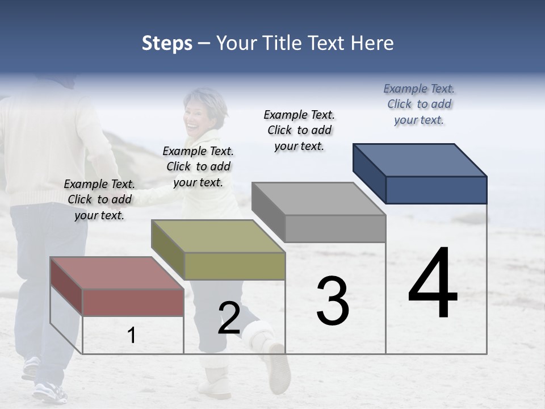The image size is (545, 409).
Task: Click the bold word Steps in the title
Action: [x=167, y=43]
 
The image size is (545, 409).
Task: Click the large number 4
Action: [x=433, y=284]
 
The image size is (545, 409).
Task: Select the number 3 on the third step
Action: [x=333, y=301]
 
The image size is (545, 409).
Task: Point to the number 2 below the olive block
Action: [x=229, y=318]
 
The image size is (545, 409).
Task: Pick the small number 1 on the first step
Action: [x=132, y=336]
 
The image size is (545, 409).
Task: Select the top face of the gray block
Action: [x=318, y=199]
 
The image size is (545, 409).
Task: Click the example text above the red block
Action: [x=99, y=199]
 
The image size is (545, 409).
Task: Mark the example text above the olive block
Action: [x=198, y=166]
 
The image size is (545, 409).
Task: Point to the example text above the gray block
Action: [x=299, y=130]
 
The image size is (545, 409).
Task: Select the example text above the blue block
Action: [x=419, y=104]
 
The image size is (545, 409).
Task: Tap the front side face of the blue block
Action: [x=436, y=190]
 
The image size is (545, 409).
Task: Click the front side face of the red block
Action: [x=133, y=302]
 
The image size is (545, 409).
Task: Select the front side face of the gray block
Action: [x=335, y=228]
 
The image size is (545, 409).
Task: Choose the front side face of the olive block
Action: [x=234, y=266]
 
